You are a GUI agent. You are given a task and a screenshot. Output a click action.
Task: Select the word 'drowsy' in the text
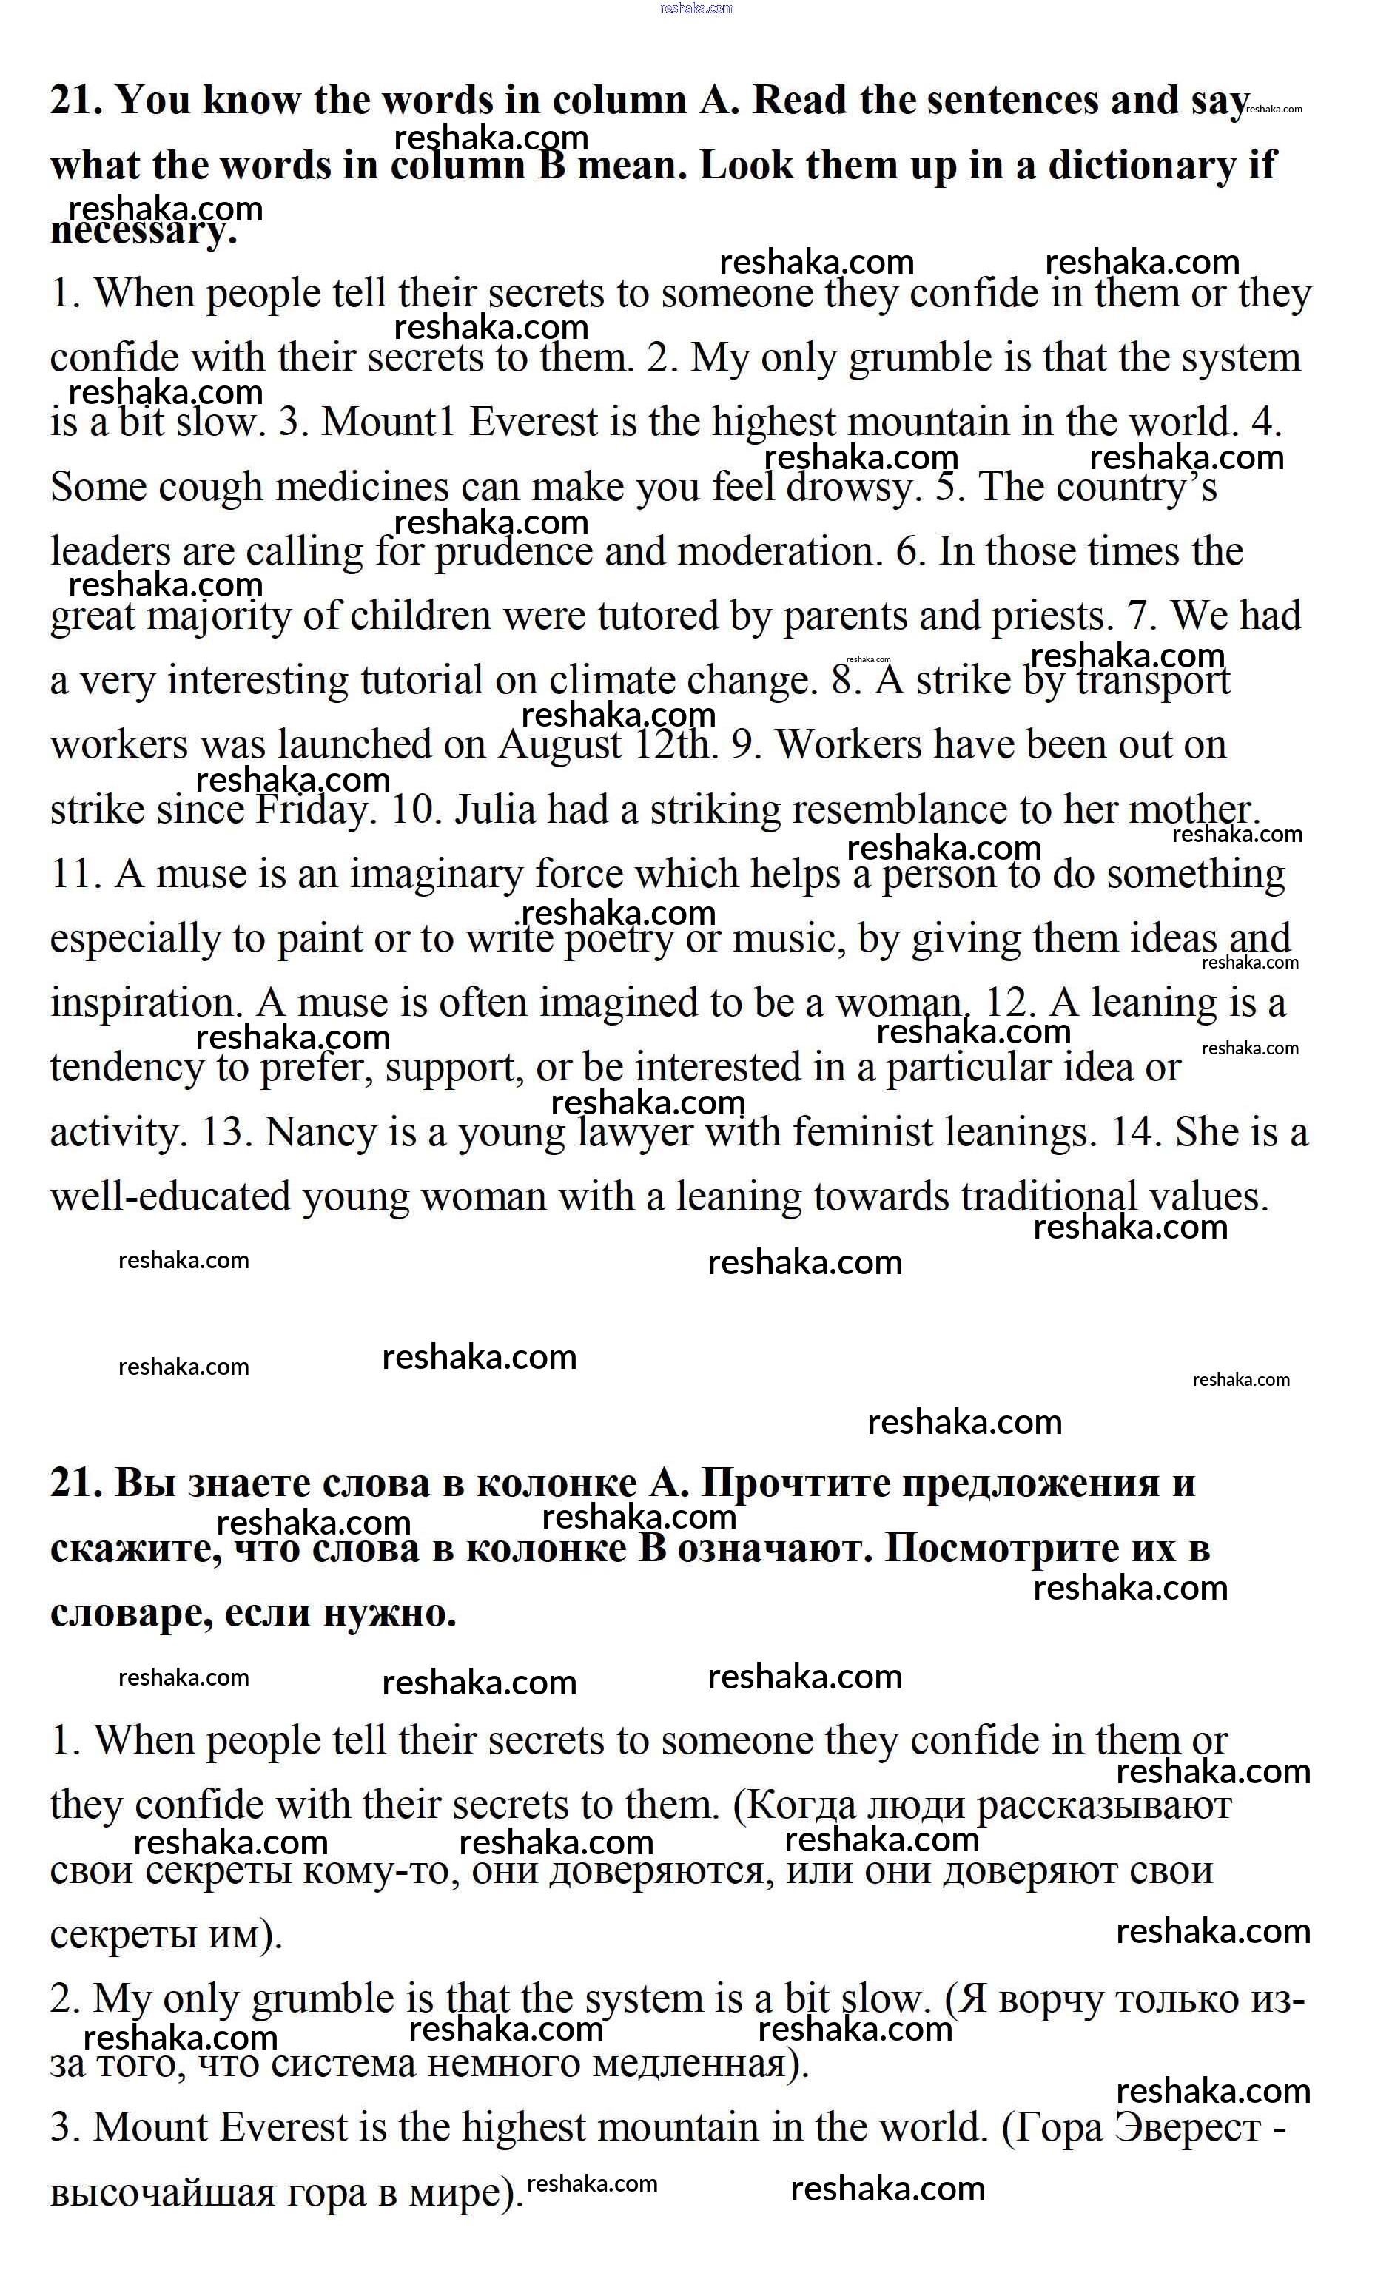click(853, 487)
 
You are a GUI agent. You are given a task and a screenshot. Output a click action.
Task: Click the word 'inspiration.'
click(147, 1003)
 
